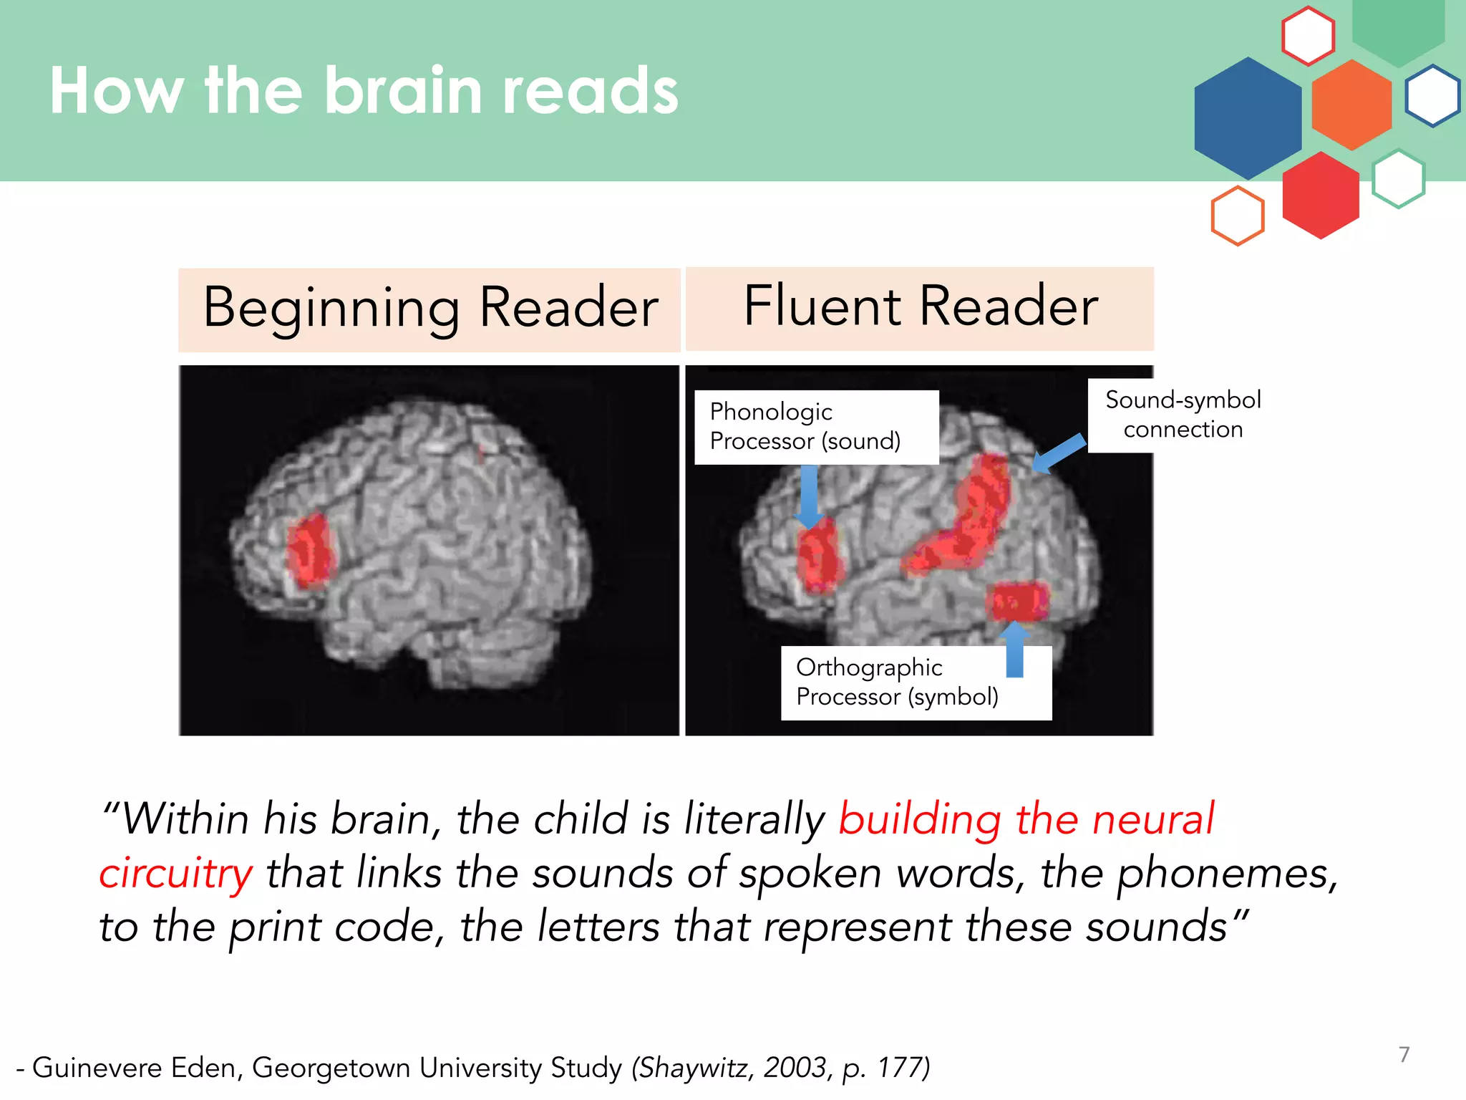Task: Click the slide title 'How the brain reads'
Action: pos(364,91)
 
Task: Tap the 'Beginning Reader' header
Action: pos(429,309)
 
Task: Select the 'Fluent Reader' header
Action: pos(920,307)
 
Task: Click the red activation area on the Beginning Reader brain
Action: pos(310,551)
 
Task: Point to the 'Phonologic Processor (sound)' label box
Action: pos(816,427)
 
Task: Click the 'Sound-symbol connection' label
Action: pos(1183,415)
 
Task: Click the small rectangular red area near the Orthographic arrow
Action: pos(1019,601)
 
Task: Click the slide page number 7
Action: pos(1404,1054)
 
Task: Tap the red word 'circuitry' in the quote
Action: pos(176,874)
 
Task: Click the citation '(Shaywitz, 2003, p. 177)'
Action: pos(780,1068)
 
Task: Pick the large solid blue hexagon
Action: pos(1248,118)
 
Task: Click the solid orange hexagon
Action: pos(1351,105)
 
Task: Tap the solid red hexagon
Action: pos(1321,195)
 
